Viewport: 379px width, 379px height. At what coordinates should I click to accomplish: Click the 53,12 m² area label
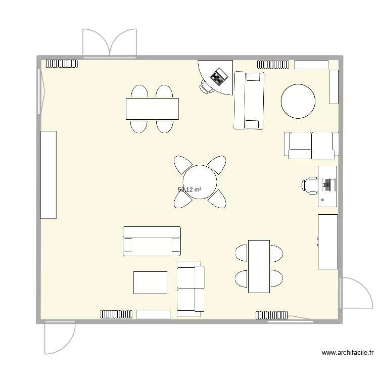click(x=189, y=190)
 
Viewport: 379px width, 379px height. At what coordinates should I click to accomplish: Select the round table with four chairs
click(x=200, y=182)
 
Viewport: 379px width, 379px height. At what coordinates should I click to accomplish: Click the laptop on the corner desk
click(x=219, y=77)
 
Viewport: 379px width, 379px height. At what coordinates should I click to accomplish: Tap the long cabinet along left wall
click(x=49, y=174)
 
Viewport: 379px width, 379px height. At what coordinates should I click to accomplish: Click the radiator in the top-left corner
click(x=62, y=64)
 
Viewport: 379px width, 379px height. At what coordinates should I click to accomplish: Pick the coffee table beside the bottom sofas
click(x=150, y=282)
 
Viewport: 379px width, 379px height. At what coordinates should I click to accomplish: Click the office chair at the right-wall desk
click(x=310, y=184)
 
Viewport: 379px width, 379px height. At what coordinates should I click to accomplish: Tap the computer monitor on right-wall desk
click(x=328, y=184)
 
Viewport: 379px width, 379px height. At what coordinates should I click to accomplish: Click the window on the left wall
click(x=40, y=91)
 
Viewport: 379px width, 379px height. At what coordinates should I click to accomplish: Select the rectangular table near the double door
click(x=152, y=108)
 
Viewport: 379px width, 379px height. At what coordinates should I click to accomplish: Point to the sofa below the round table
click(x=152, y=241)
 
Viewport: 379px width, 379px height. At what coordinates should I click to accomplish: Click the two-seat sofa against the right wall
click(x=311, y=146)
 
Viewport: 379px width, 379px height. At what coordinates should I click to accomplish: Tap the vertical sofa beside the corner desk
click(x=249, y=100)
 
